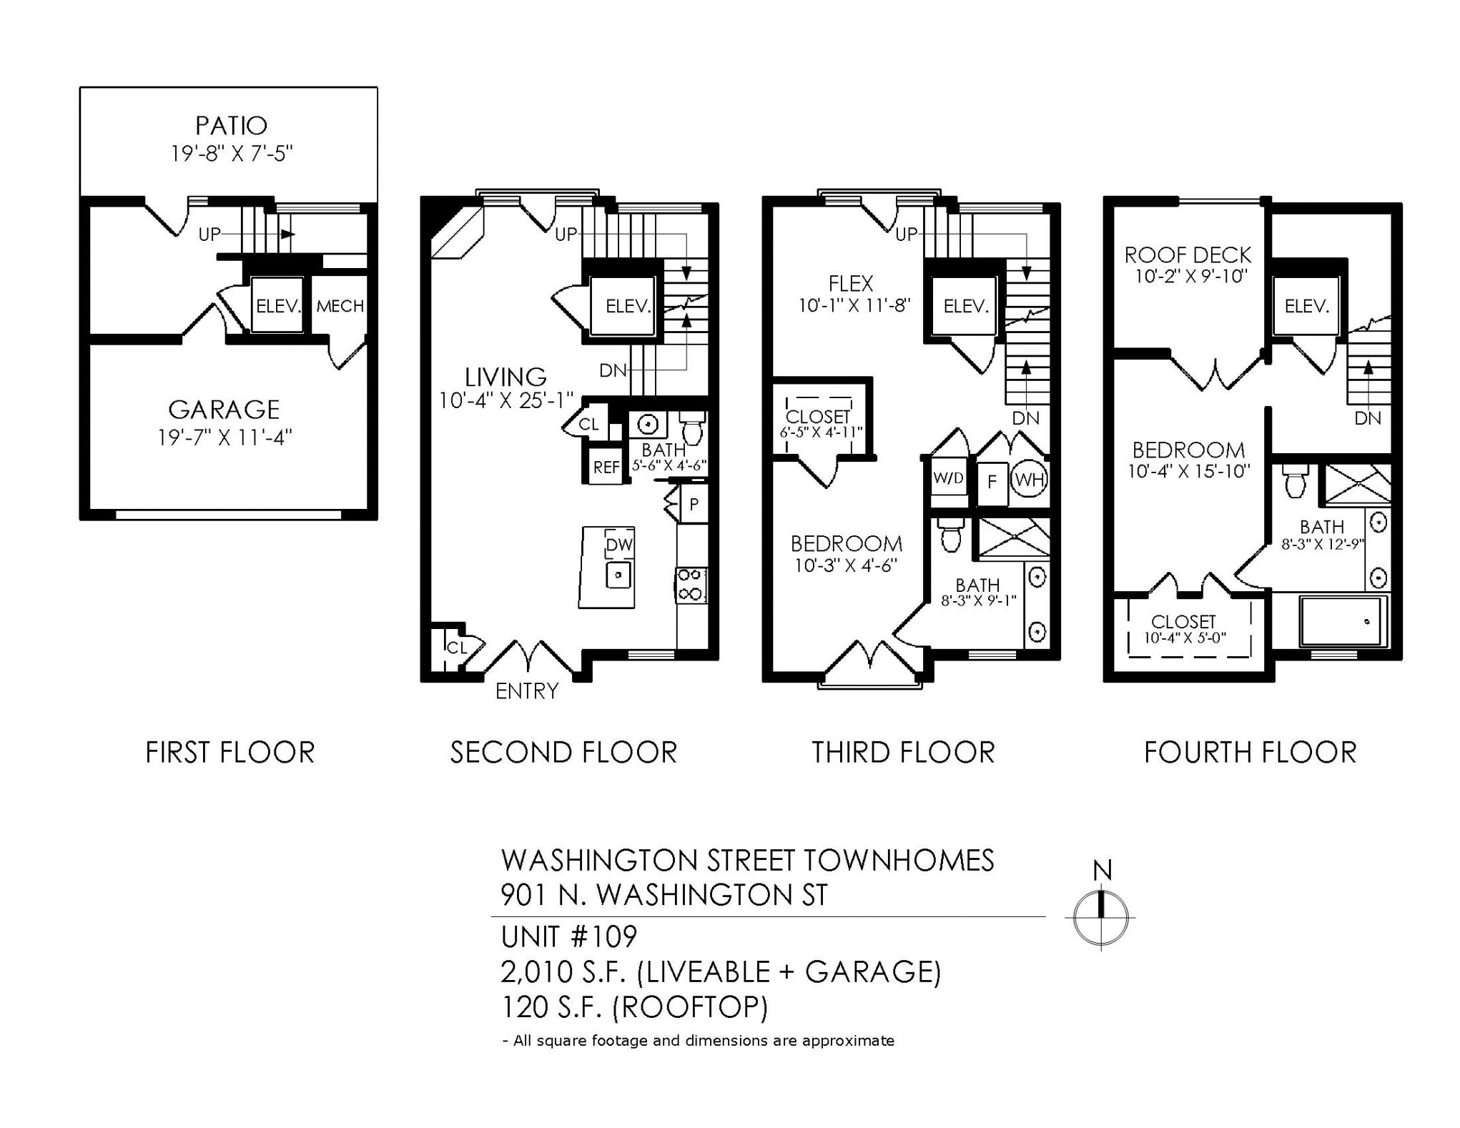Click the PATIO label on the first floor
pos(232,126)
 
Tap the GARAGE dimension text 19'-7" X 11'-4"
pos(225,437)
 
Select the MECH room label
pos(340,306)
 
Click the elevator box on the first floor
pos(277,305)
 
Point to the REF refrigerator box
pos(606,467)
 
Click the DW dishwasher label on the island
pos(619,545)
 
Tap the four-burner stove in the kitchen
pos(691,584)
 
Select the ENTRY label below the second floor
pos(527,691)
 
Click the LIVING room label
pos(505,377)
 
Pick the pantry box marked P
pos(693,505)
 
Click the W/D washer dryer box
pos(949,478)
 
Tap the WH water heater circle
pos(1030,480)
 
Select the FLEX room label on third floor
pos(851,284)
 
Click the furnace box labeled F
pos(992,481)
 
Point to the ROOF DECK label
pos(1188,255)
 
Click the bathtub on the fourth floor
pos(1342,620)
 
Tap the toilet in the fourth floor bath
pos(1294,483)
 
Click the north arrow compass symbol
pos(1101,917)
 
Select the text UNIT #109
pos(569,936)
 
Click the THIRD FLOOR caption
pos(903,753)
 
